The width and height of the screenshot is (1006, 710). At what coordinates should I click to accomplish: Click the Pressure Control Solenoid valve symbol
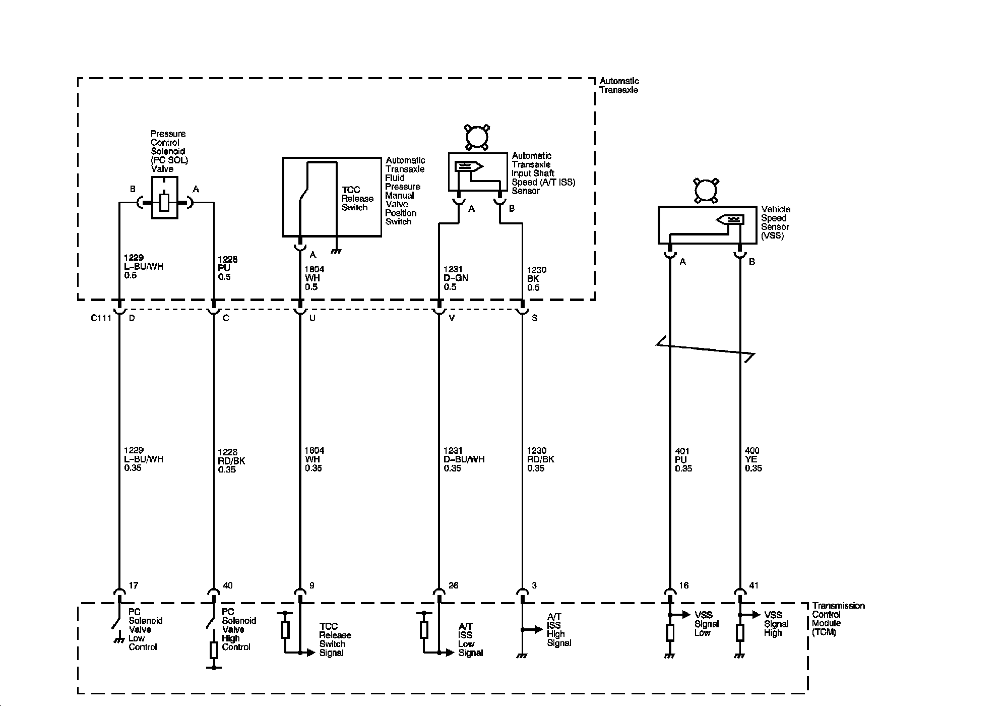[164, 198]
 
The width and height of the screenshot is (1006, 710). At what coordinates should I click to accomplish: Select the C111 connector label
[101, 318]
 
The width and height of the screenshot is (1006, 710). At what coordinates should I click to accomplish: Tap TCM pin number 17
[134, 585]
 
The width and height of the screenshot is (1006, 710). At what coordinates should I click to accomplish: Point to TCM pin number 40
[228, 585]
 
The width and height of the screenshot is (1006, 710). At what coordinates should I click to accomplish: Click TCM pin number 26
[454, 585]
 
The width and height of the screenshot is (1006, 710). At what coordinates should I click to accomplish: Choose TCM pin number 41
[754, 585]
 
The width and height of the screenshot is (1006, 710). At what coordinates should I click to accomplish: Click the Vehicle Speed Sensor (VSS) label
[776, 222]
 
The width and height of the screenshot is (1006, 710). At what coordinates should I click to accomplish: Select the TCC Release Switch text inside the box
[357, 199]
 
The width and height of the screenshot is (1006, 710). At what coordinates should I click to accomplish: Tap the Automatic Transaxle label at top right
[619, 85]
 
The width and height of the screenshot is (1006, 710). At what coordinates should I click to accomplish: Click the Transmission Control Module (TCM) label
[838, 619]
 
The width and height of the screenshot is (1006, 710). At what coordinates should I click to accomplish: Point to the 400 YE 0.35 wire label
[753, 459]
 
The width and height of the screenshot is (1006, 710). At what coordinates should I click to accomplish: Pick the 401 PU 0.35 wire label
[683, 459]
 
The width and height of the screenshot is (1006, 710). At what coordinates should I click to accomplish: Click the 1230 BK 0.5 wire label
[536, 279]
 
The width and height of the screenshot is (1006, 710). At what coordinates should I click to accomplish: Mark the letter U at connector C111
[312, 318]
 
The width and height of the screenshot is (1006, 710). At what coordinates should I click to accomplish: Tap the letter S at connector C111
[535, 318]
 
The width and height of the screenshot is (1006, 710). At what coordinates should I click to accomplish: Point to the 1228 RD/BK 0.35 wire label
[231, 461]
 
